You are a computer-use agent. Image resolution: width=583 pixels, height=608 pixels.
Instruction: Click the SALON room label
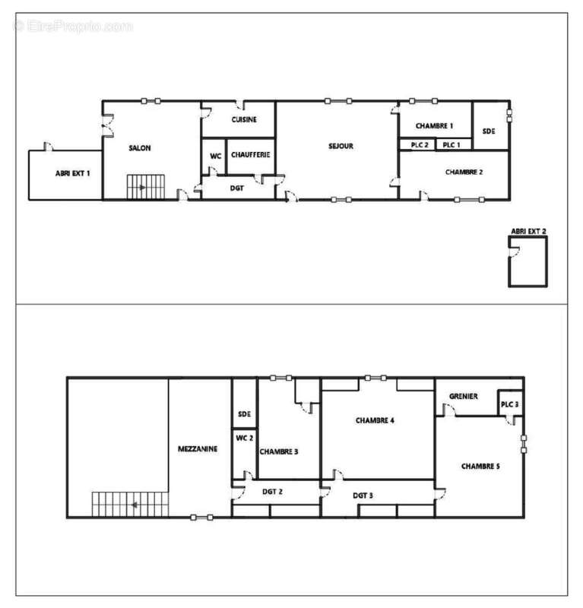140,148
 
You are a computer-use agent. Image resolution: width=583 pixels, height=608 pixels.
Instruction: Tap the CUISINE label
244,120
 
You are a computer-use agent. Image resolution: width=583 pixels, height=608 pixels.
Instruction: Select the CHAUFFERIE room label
250,155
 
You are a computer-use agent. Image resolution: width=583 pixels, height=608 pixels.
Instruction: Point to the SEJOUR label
341,147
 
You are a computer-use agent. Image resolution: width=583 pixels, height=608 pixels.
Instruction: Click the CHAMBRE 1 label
436,125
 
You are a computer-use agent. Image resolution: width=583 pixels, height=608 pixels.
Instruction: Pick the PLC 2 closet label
419,144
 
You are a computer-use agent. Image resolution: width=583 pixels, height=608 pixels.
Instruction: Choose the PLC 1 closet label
452,144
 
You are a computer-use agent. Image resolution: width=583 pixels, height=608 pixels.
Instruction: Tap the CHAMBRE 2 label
464,172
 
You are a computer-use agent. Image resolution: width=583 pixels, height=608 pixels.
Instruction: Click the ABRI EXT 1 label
73,173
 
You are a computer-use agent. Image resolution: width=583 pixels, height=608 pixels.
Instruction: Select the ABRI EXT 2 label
528,231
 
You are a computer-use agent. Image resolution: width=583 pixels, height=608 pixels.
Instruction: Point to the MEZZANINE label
199,449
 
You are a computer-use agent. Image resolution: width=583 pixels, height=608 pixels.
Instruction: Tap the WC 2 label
244,438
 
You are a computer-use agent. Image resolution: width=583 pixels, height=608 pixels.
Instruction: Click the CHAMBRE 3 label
278,451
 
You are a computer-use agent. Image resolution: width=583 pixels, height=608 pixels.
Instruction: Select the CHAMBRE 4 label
375,420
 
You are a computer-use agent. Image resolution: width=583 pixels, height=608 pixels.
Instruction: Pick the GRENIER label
463,397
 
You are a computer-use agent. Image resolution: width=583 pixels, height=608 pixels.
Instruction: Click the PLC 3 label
510,404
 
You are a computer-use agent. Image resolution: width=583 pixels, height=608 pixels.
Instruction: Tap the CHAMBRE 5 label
480,466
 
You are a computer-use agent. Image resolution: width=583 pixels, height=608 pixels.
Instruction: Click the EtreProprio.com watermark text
73,26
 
